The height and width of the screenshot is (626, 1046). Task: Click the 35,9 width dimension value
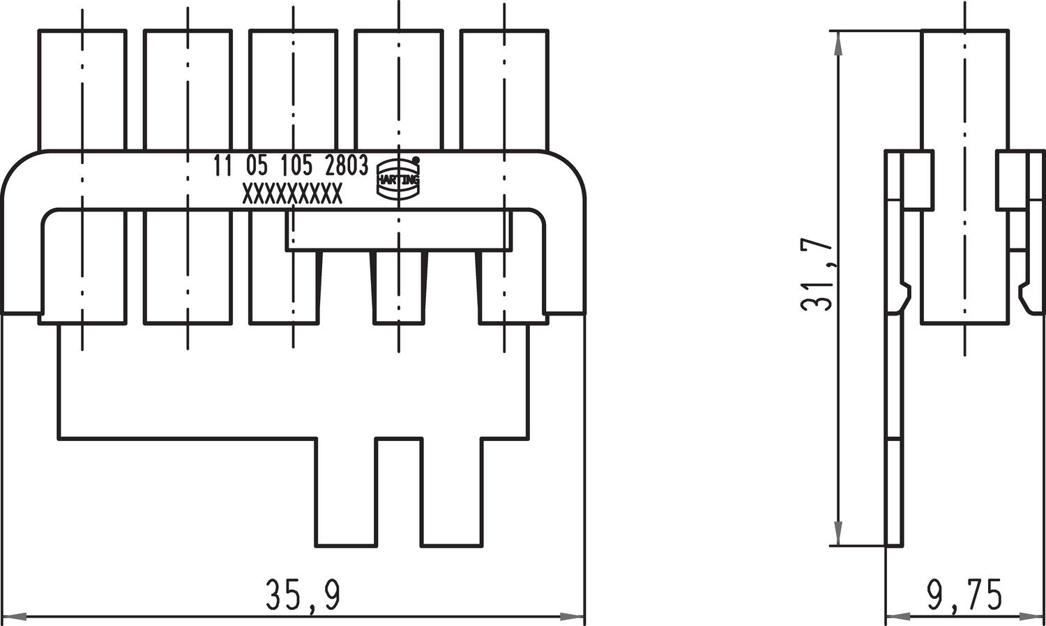click(x=303, y=595)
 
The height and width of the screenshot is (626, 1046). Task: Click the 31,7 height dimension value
click(x=817, y=276)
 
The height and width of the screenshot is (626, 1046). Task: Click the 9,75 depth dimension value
click(x=964, y=595)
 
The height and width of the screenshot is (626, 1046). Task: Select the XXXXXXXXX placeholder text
click(x=292, y=195)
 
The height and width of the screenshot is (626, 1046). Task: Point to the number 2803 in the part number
click(x=347, y=166)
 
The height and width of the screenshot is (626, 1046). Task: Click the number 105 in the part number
click(x=296, y=166)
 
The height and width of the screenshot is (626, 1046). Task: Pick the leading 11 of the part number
click(x=223, y=166)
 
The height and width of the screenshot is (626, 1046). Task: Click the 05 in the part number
click(x=256, y=166)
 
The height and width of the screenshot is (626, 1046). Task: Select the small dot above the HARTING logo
click(x=416, y=160)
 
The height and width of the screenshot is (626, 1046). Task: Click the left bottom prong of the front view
click(x=346, y=492)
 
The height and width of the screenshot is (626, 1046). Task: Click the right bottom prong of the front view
click(x=451, y=492)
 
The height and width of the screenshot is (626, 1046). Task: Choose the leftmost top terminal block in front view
click(x=82, y=89)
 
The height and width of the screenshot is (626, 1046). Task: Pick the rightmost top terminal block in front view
click(x=503, y=89)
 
